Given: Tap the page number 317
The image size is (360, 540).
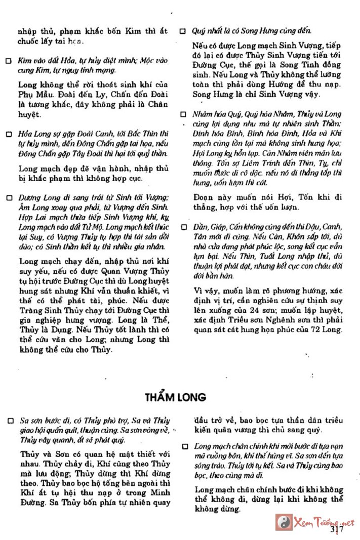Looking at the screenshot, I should coord(337,529).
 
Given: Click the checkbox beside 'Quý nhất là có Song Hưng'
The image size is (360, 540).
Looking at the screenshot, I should coord(183,31).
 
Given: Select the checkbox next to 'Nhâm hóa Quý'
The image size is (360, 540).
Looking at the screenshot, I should coord(183,115).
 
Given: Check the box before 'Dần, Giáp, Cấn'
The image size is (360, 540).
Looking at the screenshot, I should coord(183,228).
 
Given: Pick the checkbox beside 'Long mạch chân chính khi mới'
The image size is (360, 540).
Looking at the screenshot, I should coord(185,446).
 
